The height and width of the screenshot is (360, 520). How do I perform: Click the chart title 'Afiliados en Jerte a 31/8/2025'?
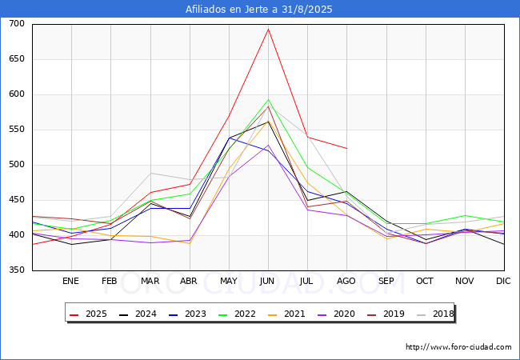(x=258, y=10)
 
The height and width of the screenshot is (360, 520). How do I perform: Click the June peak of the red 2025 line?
(x=268, y=29)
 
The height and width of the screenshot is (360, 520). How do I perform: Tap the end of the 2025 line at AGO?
(x=346, y=148)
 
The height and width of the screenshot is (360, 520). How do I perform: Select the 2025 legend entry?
(x=88, y=314)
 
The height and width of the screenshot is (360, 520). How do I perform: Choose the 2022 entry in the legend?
(x=237, y=314)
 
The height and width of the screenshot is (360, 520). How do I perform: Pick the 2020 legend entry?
(x=336, y=314)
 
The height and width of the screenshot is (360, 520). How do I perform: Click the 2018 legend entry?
(x=435, y=314)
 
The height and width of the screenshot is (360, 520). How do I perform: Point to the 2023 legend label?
(x=195, y=314)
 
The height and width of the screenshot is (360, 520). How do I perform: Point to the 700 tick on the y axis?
(x=17, y=23)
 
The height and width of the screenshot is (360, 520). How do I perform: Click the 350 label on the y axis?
(x=17, y=270)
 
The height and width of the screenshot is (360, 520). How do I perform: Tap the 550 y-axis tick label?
(x=17, y=130)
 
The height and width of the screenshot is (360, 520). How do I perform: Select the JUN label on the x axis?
(x=267, y=281)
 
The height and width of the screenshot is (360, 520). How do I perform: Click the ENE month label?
(x=70, y=281)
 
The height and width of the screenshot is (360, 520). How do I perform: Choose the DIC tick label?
(x=503, y=281)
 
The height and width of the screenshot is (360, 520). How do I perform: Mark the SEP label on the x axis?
(x=386, y=281)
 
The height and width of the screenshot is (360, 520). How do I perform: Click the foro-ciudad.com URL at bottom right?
(x=458, y=347)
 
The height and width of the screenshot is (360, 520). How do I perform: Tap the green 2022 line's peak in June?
(x=268, y=99)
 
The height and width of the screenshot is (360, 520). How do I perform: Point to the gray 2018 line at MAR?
(x=151, y=173)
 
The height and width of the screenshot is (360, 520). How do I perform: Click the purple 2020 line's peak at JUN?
(x=268, y=145)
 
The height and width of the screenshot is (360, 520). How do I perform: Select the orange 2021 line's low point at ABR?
(x=190, y=244)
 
